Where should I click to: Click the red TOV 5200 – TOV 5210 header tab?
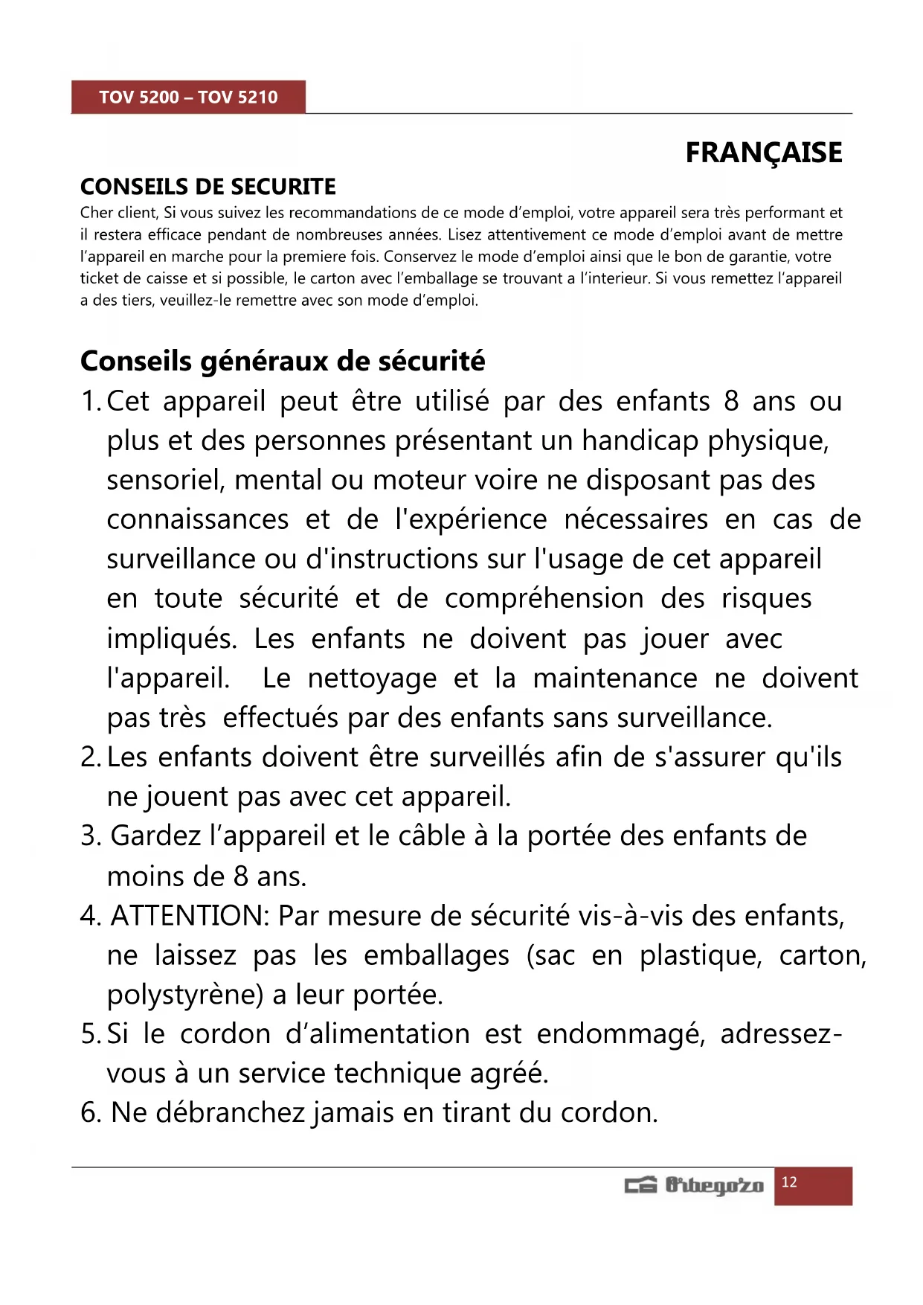[x=188, y=97]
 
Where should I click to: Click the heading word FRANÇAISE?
[x=763, y=153]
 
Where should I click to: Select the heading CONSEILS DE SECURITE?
[x=208, y=186]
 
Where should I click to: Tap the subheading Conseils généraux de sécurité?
[x=283, y=361]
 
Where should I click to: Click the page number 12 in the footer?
[x=789, y=1182]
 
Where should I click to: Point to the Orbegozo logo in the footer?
[x=694, y=1185]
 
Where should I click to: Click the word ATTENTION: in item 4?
[x=190, y=916]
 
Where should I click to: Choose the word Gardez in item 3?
[x=155, y=836]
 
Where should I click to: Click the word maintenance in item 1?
[x=615, y=679]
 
